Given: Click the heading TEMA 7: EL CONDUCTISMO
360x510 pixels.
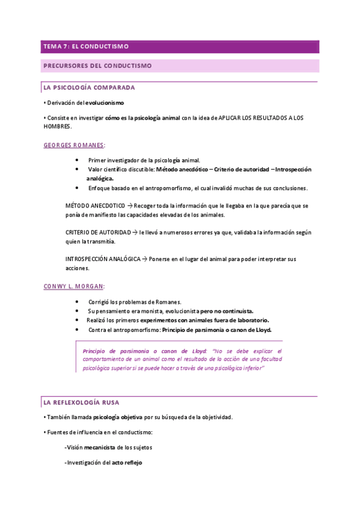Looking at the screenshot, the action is coord(85,46).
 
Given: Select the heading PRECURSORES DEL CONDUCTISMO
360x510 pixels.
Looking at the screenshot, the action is coord(97,65).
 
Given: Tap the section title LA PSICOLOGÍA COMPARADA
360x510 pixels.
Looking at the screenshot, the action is coord(89,88).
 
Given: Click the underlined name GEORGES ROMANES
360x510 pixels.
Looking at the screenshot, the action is coord(74,145).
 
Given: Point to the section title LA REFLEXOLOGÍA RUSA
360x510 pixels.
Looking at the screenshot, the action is coord(84,401).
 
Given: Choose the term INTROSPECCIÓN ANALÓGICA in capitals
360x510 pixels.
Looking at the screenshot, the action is coord(102,259).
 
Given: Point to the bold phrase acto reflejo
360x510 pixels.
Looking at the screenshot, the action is coord(127,462).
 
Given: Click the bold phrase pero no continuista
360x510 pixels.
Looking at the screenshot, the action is coord(226,311).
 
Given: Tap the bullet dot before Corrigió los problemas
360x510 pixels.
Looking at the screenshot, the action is coord(78,301).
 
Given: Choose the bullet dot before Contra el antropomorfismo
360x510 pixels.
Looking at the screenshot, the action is coord(78,330).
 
